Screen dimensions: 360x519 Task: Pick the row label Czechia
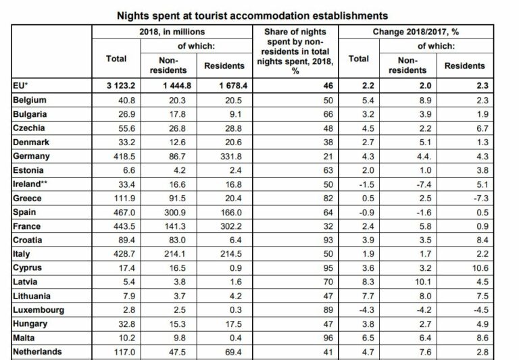30,128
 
